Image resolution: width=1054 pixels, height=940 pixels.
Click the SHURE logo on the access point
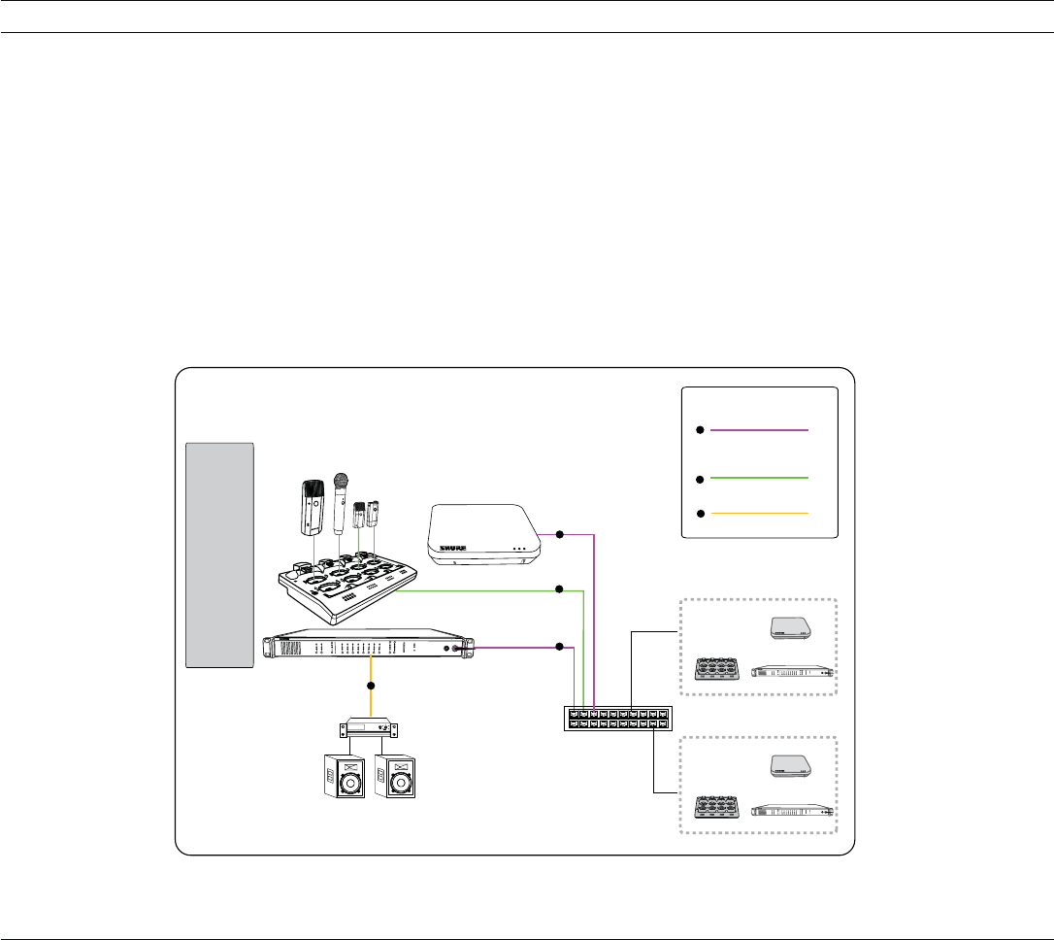[x=453, y=547]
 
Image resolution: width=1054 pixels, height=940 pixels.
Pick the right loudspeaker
[x=394, y=775]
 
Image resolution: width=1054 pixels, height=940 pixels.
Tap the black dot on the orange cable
[x=370, y=687]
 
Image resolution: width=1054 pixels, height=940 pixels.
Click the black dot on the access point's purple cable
[x=559, y=534]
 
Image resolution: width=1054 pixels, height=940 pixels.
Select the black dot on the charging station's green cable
[x=559, y=589]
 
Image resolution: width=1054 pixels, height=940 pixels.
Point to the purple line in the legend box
[x=759, y=428]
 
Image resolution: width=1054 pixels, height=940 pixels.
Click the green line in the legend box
[x=759, y=478]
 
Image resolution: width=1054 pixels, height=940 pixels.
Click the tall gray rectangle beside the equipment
[x=220, y=554]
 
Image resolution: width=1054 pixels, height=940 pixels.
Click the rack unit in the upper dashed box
[x=794, y=672]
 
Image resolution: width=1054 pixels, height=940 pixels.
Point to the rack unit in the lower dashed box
[x=794, y=809]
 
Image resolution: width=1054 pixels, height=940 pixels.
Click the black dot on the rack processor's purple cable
[x=559, y=647]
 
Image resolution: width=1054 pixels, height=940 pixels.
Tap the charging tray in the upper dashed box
[x=718, y=671]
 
